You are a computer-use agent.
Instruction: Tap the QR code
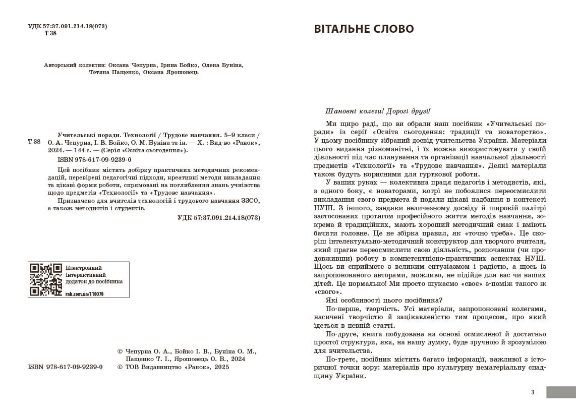(x=46, y=279)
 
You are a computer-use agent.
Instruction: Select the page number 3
(x=532, y=392)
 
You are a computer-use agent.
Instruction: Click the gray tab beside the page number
(x=561, y=392)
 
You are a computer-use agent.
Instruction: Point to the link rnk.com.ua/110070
(x=84, y=294)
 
